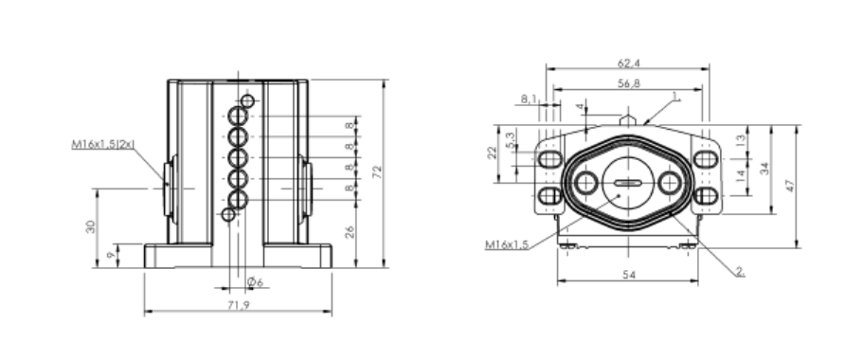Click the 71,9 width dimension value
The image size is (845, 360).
coord(238,305)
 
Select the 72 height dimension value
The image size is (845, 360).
coord(377,171)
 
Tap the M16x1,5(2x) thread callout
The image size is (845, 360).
coord(103,144)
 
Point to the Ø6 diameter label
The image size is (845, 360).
coord(255,282)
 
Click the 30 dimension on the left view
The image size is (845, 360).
coord(91,226)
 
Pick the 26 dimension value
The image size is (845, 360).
coord(350,232)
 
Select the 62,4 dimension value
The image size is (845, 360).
coord(628,63)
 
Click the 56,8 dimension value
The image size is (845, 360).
coord(628,83)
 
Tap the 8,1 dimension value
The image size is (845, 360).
coord(529,99)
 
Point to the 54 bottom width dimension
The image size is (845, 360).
coord(629,275)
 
